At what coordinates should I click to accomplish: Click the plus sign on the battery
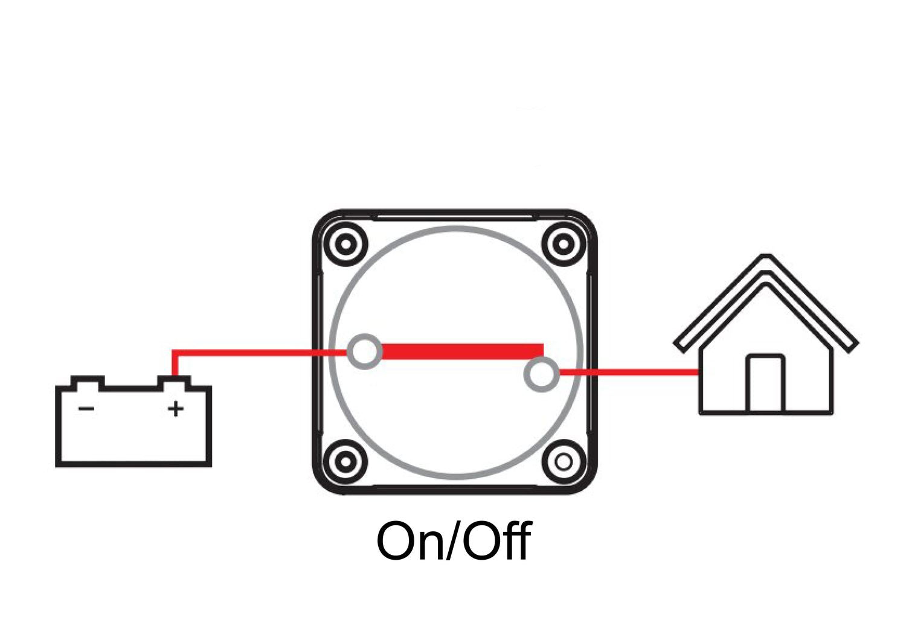point(175,409)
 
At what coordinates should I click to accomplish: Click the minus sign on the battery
point(86,409)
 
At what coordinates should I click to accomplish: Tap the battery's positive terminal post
point(174,382)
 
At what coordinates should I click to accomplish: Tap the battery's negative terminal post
point(87,382)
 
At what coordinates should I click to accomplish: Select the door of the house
point(766,385)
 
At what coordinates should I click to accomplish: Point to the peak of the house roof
point(766,258)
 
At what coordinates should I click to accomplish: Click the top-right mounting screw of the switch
point(563,245)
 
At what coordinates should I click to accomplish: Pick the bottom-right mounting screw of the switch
point(563,462)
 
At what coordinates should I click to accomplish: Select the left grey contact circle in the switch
point(365,351)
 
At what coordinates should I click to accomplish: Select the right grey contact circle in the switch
point(541,374)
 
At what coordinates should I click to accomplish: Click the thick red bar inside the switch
point(462,351)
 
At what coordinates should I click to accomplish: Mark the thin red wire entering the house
point(628,373)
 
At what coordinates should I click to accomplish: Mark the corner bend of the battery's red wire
point(174,351)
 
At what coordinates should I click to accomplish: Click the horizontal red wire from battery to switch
point(254,351)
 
